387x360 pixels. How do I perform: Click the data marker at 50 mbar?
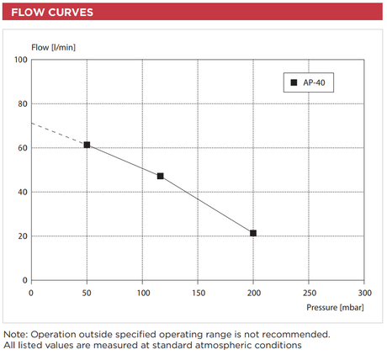pos(87,145)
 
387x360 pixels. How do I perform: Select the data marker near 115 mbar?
pos(160,176)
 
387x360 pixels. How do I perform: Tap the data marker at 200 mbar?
pos(253,233)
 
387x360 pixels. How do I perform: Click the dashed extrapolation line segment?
pos(59,134)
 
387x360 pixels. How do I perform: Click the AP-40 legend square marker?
pos(294,82)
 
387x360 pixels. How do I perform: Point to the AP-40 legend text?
pos(314,82)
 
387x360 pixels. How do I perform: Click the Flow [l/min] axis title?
pos(53,47)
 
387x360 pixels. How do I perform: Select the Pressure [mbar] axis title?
pos(335,308)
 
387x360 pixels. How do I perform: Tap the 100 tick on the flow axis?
pos(21,60)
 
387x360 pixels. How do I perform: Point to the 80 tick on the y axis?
pos(23,104)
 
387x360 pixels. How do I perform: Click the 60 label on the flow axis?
pos(23,148)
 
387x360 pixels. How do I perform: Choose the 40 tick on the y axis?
pos(23,192)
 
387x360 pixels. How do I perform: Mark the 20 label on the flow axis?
pos(23,236)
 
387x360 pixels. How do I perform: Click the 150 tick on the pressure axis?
pos(199,293)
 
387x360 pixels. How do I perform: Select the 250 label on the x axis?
pos(310,293)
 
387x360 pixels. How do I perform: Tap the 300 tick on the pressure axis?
pos(365,293)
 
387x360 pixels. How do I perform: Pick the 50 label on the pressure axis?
pos(87,293)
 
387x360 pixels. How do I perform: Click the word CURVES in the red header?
pos(71,13)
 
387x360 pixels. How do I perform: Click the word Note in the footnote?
pos(14,334)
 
